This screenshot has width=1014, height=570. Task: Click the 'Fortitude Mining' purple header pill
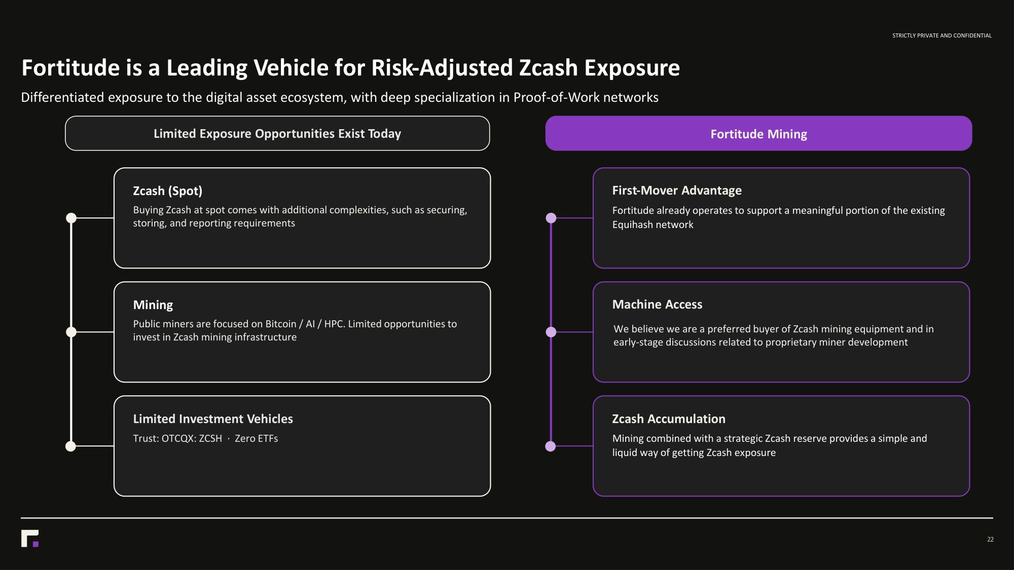click(x=758, y=133)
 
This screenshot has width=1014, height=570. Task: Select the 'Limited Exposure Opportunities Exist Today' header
click(x=277, y=133)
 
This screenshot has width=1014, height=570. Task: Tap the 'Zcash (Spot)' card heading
click(x=168, y=191)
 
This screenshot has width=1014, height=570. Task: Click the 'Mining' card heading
click(x=153, y=305)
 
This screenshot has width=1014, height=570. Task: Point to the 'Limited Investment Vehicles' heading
click(x=213, y=419)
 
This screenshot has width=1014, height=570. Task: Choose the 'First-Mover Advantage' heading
click(x=677, y=191)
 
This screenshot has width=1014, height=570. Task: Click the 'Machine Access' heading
click(x=657, y=305)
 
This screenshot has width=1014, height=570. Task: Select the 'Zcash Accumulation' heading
click(x=669, y=419)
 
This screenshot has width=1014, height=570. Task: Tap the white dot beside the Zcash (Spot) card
click(x=71, y=218)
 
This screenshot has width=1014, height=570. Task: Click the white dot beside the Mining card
click(x=71, y=332)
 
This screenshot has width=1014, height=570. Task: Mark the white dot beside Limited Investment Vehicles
click(x=71, y=446)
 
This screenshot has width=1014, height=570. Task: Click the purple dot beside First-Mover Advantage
click(x=551, y=218)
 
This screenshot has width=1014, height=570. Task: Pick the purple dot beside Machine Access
click(x=551, y=332)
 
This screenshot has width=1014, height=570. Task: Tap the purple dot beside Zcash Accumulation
click(x=551, y=446)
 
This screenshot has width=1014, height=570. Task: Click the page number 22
click(x=990, y=540)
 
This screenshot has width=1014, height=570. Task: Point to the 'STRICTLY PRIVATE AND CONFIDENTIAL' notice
click(x=942, y=35)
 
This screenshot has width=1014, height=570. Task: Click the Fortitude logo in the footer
click(x=30, y=539)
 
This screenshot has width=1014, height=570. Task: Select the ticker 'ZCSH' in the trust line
click(x=210, y=438)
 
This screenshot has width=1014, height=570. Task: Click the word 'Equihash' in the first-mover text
click(x=631, y=225)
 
